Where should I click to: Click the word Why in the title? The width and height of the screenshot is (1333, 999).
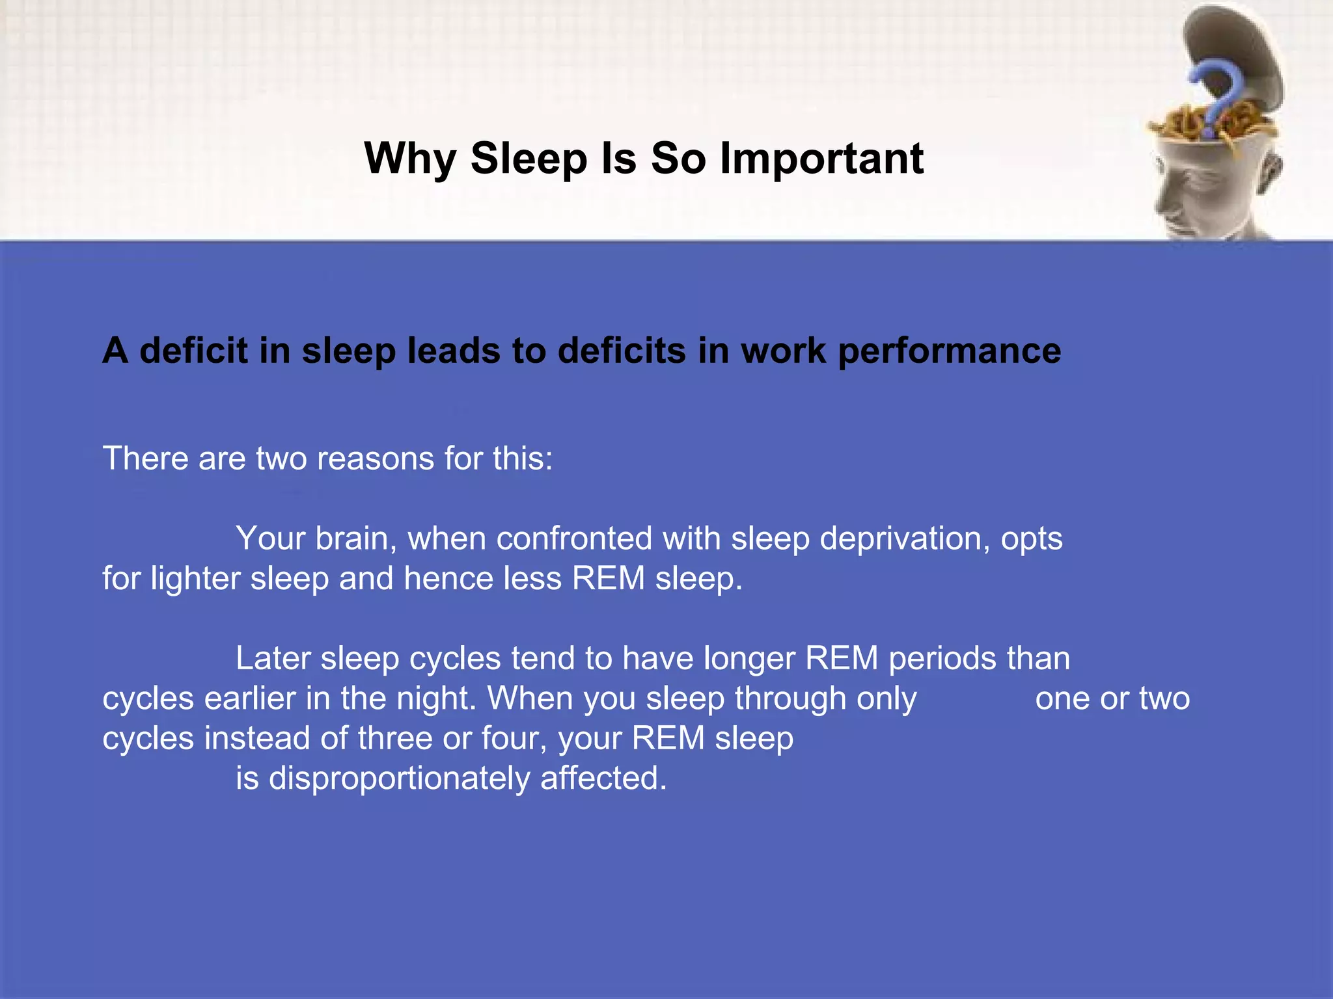coord(410,159)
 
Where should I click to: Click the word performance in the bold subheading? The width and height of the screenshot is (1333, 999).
coord(950,351)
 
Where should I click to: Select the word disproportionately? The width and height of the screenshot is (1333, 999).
coord(399,779)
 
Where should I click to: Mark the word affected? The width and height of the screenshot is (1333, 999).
coord(603,778)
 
